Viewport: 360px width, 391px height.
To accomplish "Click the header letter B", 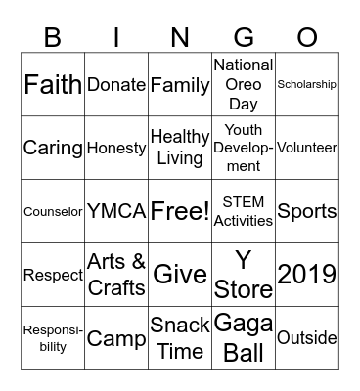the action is pos(53,37).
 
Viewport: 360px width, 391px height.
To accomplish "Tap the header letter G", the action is pos(244,37).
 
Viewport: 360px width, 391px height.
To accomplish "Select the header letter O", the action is pos(307,37).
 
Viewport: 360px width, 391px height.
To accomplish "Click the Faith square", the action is pos(53,85).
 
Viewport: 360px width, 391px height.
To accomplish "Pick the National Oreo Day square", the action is pos(244,85).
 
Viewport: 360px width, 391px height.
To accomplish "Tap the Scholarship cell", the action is pos(307,85).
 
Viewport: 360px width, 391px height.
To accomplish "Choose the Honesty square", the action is pos(116,149).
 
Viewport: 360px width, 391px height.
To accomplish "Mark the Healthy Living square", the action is pos(180,148).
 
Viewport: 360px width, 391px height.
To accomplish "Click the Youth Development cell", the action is pos(244,148).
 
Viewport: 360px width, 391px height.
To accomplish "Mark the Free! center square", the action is pos(180,212).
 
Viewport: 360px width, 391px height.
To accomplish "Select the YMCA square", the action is pos(116,212).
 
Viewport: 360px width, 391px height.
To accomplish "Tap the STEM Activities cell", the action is pos(244,212).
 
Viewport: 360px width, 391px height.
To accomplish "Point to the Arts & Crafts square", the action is pos(116,275).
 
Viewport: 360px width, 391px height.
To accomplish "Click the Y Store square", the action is pos(244,275).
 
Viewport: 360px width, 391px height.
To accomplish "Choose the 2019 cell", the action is pos(307,275).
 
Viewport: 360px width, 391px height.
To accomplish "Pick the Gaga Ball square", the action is pos(244,338).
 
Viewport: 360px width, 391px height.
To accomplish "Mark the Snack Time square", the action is pos(180,338).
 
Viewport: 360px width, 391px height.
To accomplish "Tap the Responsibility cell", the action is pos(53,338).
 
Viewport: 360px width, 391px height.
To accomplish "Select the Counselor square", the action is pos(53,212).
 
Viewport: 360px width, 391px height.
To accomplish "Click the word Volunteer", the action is pos(307,149).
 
